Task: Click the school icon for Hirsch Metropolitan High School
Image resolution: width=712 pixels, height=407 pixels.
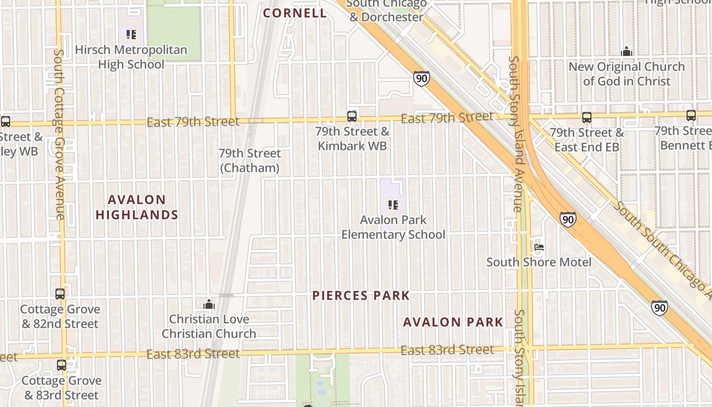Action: [131, 35]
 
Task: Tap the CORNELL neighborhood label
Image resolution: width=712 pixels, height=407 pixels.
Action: [295, 13]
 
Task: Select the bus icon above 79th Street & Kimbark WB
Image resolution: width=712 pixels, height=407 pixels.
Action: [351, 117]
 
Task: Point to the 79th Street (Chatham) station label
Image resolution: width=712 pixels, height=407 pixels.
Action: [250, 160]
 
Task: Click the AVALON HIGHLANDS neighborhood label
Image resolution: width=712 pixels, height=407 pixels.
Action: [137, 207]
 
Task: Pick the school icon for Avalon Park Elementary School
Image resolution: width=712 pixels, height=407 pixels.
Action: [393, 205]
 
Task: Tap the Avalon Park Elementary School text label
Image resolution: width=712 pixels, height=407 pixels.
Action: [393, 227]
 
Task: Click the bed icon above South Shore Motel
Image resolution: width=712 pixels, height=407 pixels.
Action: [539, 247]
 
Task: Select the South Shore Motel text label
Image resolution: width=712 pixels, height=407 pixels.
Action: [539, 262]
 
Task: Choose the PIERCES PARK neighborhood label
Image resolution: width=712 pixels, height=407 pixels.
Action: [361, 296]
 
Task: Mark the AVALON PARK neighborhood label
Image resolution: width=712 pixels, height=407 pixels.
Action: [453, 322]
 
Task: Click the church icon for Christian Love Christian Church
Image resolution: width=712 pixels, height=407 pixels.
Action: [209, 304]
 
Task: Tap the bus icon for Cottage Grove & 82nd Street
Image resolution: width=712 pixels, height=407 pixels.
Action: [60, 294]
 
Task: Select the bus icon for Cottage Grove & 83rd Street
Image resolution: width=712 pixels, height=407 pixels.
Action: [62, 365]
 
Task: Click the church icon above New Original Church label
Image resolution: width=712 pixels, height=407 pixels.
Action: [627, 51]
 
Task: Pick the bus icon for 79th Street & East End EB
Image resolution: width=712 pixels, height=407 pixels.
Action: [586, 118]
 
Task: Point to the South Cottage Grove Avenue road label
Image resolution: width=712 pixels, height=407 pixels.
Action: [59, 135]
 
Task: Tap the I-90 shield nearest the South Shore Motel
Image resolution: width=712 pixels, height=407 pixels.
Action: [568, 219]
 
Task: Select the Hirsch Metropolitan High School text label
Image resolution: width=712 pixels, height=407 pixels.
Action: [131, 57]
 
